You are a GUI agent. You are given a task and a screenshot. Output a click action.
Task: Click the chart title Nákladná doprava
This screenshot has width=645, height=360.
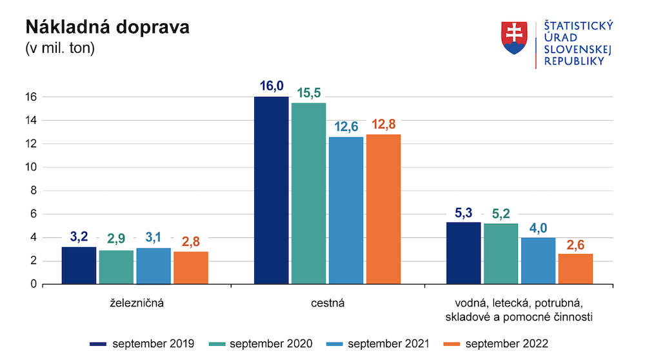click(x=107, y=28)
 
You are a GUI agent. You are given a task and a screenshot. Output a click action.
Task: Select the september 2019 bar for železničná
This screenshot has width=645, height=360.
click(x=79, y=265)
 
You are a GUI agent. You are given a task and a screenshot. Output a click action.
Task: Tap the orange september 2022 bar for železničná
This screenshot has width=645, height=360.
click(x=191, y=268)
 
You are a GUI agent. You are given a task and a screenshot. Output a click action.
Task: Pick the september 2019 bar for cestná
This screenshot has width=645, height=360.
click(x=272, y=190)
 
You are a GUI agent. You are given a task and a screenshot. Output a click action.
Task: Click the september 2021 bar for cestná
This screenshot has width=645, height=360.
click(x=346, y=210)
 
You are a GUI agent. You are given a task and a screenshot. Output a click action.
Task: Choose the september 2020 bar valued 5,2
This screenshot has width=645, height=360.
click(x=501, y=254)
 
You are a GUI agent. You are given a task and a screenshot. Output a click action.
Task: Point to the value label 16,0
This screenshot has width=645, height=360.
click(x=272, y=86)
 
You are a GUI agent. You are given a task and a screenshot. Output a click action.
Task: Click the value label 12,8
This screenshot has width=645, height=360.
click(x=383, y=124)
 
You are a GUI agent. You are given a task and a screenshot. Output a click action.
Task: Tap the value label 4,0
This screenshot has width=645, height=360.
click(x=538, y=227)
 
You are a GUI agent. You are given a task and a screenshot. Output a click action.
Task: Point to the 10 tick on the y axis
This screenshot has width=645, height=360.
click(x=31, y=167)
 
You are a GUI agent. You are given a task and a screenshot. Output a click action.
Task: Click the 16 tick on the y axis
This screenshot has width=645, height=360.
click(x=31, y=97)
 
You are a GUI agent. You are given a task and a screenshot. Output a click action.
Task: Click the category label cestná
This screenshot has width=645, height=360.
click(x=327, y=303)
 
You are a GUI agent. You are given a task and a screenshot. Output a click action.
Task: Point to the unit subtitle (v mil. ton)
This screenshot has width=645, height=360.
click(x=59, y=48)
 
